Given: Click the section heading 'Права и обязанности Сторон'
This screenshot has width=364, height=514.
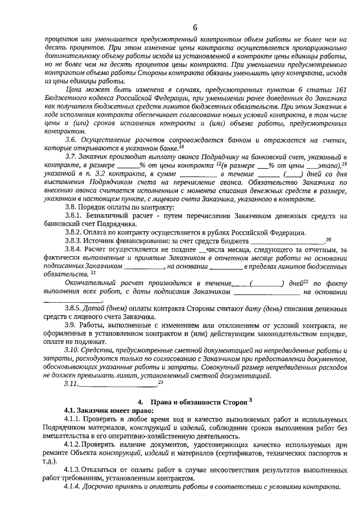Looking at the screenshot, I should click(197, 403).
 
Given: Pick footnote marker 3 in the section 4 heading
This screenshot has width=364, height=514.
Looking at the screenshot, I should click(250, 400).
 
